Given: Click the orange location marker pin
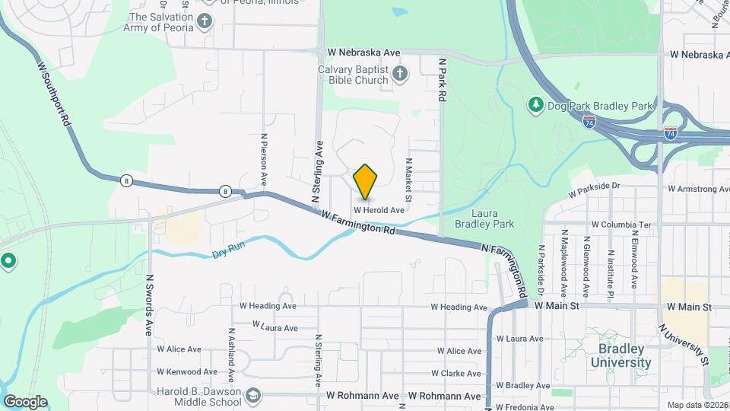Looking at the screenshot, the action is [x=366, y=181].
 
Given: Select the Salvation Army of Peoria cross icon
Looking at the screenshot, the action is [x=204, y=21].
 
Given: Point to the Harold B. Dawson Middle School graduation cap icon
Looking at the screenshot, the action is [x=252, y=396].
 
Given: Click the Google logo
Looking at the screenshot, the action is [x=25, y=402].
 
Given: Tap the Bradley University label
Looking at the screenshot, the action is [x=624, y=355].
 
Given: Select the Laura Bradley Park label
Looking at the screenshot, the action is [x=484, y=218].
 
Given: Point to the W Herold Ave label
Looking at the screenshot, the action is [x=379, y=210].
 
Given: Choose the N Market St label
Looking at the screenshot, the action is [x=408, y=180].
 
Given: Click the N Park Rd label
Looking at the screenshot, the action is [x=440, y=80].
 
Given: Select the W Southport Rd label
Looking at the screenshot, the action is [x=54, y=94].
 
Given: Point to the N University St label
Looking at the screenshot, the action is [x=684, y=344].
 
